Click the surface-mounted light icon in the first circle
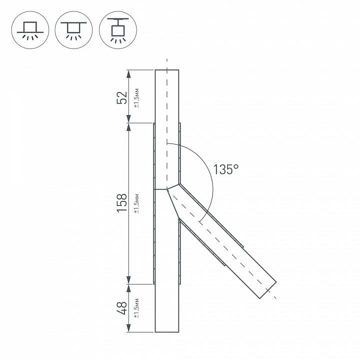pyautogui.click(x=29, y=30)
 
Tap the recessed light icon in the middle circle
pyautogui.click(x=73, y=30)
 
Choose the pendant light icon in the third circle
pyautogui.click(x=117, y=30)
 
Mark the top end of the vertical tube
pyautogui.click(x=167, y=70)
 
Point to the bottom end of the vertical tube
pyautogui.click(x=167, y=332)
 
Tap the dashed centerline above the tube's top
pyautogui.click(x=167, y=64)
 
